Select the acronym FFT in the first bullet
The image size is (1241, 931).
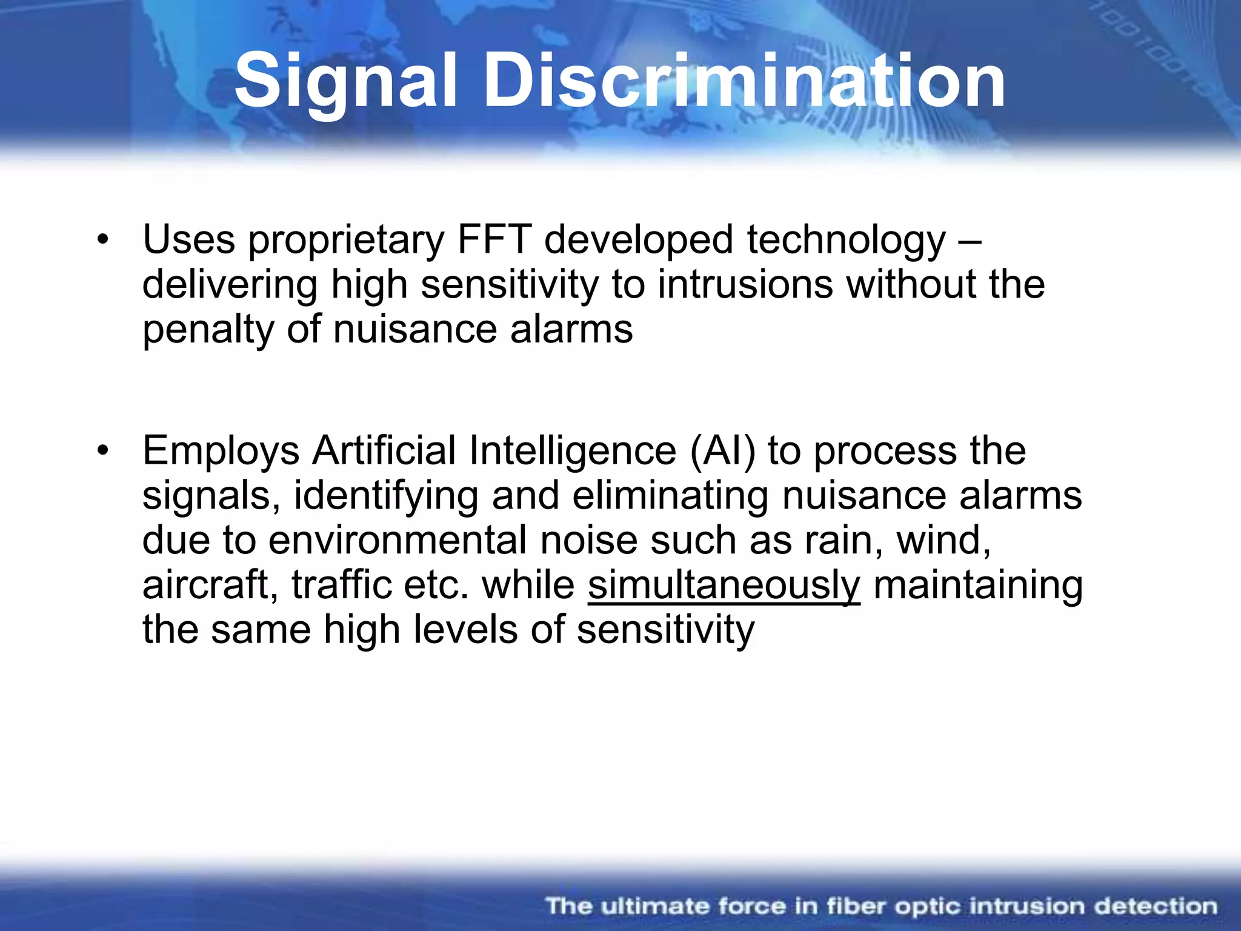click(494, 240)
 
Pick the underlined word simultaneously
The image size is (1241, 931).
click(724, 586)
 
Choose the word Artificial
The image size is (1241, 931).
click(384, 451)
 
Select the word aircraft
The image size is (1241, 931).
click(210, 586)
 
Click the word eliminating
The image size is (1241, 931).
click(671, 496)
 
